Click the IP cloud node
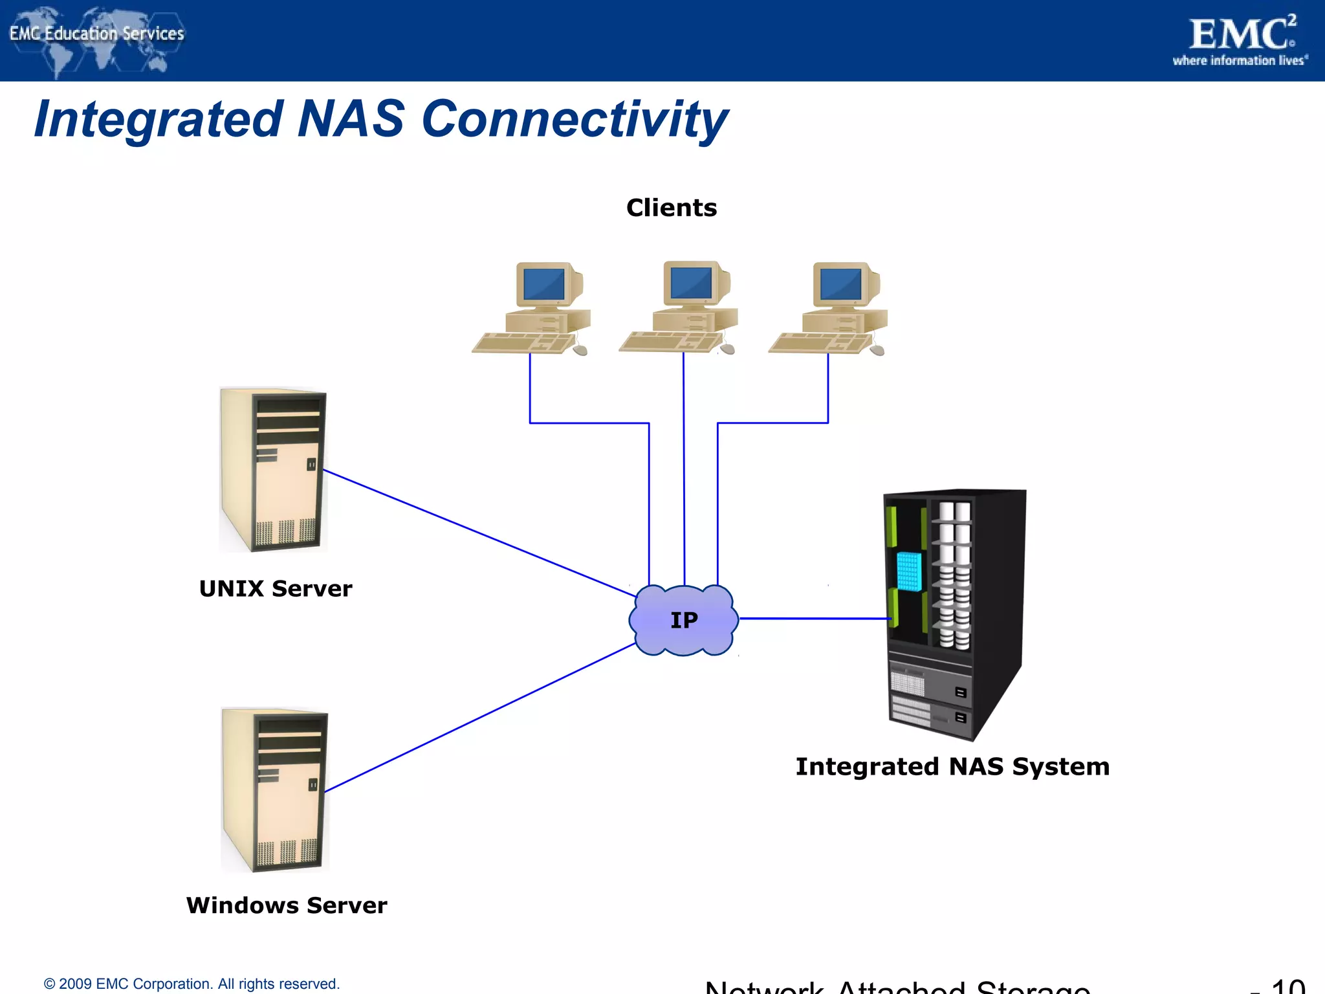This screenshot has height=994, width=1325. coord(683,620)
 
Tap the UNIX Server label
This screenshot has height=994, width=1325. coord(276,589)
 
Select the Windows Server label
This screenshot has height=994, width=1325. coord(286,905)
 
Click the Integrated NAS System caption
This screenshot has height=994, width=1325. coord(952,767)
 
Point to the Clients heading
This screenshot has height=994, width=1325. coord(672,208)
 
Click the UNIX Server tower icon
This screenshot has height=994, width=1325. coord(273,470)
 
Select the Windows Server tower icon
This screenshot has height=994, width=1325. coord(275,790)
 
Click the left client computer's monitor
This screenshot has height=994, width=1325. coord(543,283)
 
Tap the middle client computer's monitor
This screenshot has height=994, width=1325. coord(691,283)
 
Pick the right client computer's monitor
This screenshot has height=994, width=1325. coord(840,283)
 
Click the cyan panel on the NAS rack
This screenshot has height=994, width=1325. coord(908,571)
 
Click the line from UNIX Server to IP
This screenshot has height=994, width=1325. coord(479,533)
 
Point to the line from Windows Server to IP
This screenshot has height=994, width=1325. coord(479,718)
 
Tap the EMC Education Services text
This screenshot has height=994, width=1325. coord(97,33)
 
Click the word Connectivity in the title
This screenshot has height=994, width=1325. coord(575,120)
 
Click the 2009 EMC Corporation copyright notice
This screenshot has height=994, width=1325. coord(192,984)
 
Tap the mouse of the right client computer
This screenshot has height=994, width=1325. coord(877,350)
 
